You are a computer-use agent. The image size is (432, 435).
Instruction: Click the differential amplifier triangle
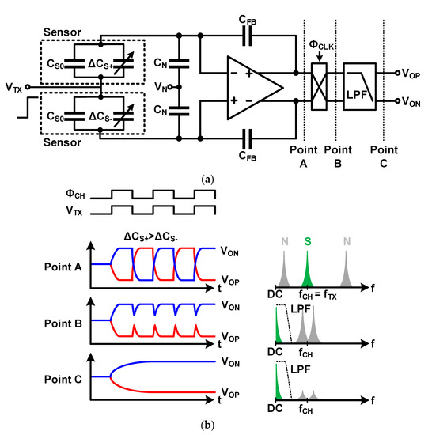(252, 84)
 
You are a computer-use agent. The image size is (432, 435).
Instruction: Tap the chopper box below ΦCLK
(319, 84)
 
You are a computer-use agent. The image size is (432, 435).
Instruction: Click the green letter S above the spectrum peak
(307, 243)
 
